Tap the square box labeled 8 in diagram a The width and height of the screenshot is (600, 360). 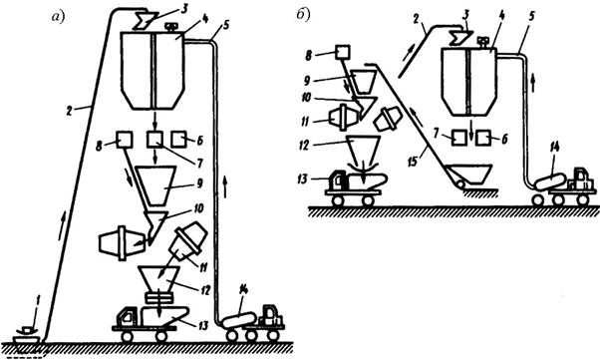[125, 140]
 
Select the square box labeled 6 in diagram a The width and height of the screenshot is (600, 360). [178, 140]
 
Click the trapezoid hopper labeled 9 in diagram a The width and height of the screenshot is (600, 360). [156, 185]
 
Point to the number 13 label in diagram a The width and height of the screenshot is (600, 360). [202, 326]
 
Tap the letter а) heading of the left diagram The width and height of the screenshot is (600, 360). [59, 17]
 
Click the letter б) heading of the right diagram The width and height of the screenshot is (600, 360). [303, 14]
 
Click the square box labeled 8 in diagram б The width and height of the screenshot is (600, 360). [343, 52]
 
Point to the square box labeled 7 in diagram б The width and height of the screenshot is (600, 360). [459, 138]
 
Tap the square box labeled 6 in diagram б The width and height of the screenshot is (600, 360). [484, 138]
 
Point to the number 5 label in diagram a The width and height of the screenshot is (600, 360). [225, 26]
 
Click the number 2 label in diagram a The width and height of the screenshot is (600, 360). [69, 111]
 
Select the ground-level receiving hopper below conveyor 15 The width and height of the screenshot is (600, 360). [469, 175]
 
